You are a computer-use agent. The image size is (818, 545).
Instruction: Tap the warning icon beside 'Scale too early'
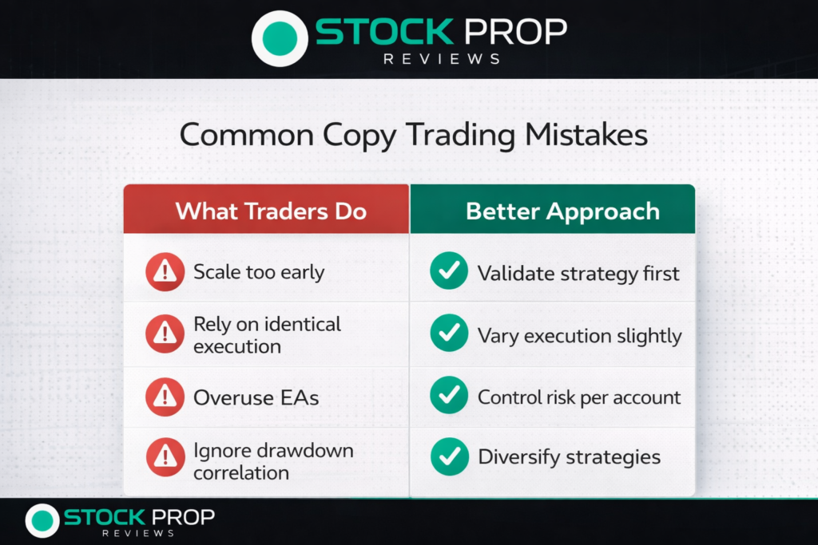click(x=165, y=271)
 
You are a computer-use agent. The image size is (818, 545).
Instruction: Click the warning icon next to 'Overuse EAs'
click(x=165, y=397)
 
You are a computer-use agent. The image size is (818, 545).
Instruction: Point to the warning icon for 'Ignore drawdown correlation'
click(x=165, y=457)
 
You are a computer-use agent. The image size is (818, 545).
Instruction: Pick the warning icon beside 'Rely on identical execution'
click(x=165, y=334)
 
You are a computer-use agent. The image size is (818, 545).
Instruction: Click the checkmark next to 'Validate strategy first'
click(x=449, y=271)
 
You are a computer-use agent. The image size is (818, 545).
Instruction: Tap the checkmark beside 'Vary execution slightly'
click(x=449, y=333)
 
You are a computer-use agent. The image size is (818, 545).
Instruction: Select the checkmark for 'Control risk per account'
click(x=449, y=395)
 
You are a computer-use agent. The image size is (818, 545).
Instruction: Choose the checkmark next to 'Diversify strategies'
click(x=450, y=456)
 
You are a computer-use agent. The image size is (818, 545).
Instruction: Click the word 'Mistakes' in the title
click(x=586, y=134)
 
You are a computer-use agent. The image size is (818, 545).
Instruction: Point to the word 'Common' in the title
click(x=247, y=136)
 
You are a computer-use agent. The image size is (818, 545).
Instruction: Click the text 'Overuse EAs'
click(x=256, y=398)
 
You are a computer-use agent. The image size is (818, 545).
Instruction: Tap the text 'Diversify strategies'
click(x=569, y=457)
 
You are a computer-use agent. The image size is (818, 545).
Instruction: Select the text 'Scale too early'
click(x=259, y=273)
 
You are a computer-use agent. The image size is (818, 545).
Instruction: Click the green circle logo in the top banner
click(x=280, y=38)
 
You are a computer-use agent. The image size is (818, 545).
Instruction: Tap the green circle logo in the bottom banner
click(x=42, y=520)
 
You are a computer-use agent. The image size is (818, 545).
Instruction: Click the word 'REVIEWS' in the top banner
click(x=442, y=59)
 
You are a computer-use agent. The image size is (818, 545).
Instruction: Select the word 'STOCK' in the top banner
click(x=384, y=32)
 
